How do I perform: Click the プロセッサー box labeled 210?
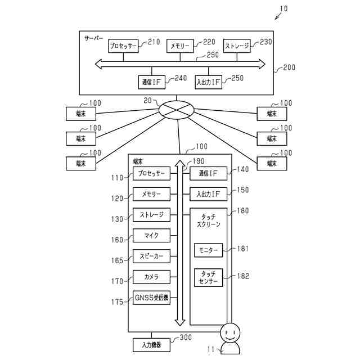(123, 46)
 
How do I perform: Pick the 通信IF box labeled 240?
(151, 82)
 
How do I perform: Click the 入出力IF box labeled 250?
(209, 82)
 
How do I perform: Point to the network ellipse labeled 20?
(176, 109)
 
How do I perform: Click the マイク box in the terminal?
(151, 235)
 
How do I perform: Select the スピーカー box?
(151, 256)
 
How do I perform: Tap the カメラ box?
(151, 277)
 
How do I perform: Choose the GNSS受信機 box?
(151, 298)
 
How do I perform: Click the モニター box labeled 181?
(209, 250)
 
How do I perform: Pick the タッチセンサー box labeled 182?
(209, 277)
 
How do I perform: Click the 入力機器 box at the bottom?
(151, 345)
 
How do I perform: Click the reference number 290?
(213, 55)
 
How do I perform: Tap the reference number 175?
(117, 302)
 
